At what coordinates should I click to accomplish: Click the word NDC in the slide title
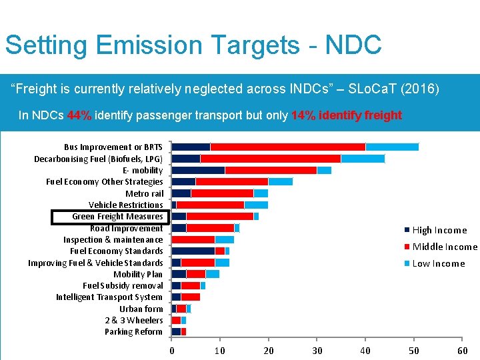tap(353, 45)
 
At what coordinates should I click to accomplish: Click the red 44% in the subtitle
tap(79, 115)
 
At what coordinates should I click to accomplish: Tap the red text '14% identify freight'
tap(346, 115)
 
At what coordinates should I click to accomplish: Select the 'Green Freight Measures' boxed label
tap(117, 217)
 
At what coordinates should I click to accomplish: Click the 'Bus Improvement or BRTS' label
tap(113, 147)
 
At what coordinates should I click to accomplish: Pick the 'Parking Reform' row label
tap(133, 332)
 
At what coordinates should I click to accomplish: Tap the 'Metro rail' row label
tap(145, 193)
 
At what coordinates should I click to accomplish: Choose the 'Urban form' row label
tap(141, 309)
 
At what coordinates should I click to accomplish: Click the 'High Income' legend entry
tap(439, 230)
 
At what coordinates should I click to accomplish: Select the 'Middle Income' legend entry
tap(445, 247)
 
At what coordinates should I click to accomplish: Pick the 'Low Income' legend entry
tap(438, 263)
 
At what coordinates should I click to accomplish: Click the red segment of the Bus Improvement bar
tap(287, 147)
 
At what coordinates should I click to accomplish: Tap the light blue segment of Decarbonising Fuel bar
tap(363, 159)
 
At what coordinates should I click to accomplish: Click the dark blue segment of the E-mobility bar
tap(198, 170)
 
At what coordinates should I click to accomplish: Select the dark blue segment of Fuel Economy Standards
tap(193, 251)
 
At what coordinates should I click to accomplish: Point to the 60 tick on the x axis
tap(462, 351)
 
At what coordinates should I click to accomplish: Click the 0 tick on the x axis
tap(172, 351)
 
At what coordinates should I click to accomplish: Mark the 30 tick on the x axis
tap(317, 351)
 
